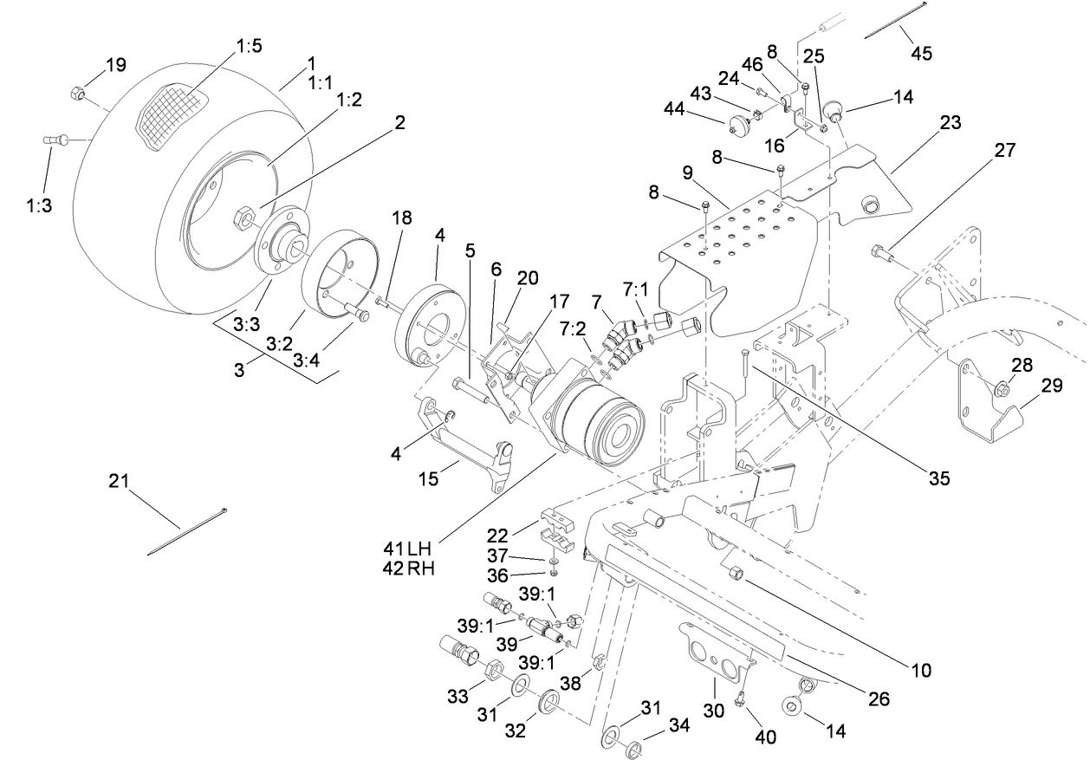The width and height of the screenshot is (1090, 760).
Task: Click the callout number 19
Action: tap(116, 64)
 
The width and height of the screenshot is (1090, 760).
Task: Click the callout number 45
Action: tap(921, 53)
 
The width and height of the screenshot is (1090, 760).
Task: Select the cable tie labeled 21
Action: tap(185, 529)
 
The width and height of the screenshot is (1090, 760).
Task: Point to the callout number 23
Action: tap(951, 122)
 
